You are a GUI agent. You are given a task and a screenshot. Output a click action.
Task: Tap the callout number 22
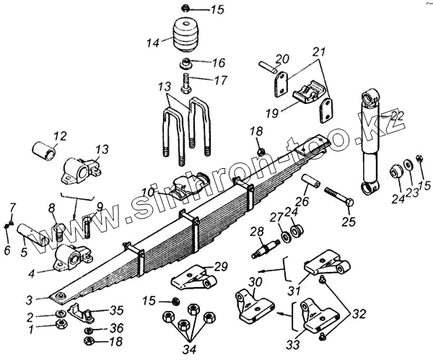click(397, 115)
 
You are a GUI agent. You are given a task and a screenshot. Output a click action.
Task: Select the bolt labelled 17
click(187, 80)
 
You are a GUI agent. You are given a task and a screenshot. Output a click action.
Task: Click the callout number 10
click(148, 191)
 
